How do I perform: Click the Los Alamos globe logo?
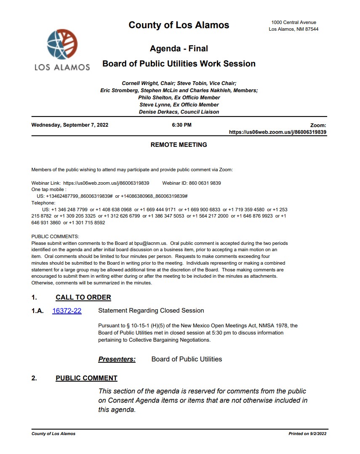(62, 45)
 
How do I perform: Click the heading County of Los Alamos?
(179, 25)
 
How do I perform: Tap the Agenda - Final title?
(179, 49)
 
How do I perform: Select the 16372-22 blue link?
(67, 311)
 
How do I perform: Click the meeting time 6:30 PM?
(181, 125)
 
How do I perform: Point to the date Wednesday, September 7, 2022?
(69, 125)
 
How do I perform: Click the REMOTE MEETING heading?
(179, 145)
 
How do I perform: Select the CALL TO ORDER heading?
(83, 297)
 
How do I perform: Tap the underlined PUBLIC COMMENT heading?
(86, 378)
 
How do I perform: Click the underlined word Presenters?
(117, 359)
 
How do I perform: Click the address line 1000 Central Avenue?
(293, 22)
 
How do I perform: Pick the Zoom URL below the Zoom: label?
(277, 132)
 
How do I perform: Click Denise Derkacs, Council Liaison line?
(179, 112)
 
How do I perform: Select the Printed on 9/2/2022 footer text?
(307, 434)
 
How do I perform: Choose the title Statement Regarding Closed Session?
(151, 311)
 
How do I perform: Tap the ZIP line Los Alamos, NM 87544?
(293, 29)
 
